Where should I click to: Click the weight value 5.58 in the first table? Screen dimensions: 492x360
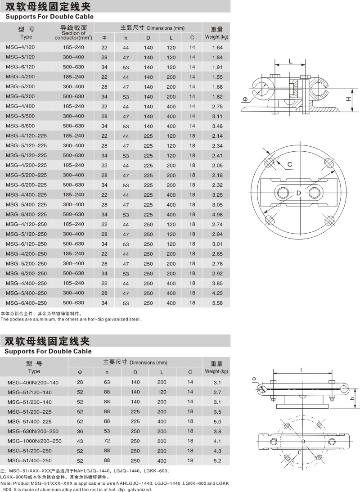point(217,303)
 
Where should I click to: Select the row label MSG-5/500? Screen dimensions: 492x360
point(19,116)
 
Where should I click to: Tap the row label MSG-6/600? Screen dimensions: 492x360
point(19,126)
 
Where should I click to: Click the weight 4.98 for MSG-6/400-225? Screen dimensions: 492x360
point(217,214)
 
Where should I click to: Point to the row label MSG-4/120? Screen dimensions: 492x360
point(19,47)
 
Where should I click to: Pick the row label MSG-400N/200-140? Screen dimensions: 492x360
point(33,382)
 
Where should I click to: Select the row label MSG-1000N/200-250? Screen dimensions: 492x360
point(35,441)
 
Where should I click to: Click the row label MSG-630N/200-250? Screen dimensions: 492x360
point(33,431)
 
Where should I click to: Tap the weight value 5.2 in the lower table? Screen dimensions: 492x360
point(217,460)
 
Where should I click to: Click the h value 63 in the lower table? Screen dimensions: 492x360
point(107,382)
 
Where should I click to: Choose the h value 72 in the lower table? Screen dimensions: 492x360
point(107,441)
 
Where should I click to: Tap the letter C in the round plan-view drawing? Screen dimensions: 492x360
point(290,165)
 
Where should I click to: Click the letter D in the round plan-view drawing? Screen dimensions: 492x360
point(298,194)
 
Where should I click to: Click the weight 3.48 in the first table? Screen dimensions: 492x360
point(217,126)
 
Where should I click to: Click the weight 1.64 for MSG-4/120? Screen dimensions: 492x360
point(217,47)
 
